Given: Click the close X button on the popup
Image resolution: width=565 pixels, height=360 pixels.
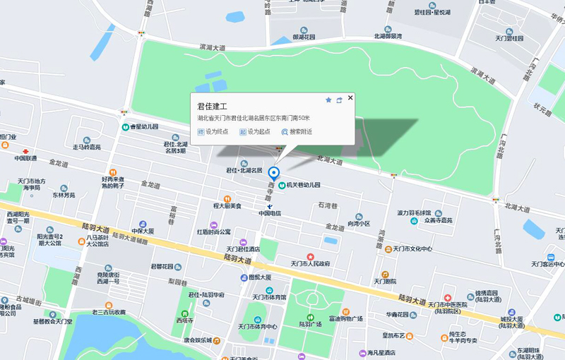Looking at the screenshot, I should (350, 98).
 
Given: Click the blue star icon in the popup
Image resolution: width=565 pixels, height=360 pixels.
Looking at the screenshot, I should (328, 100).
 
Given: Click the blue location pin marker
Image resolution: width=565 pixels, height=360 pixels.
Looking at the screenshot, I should (275, 173).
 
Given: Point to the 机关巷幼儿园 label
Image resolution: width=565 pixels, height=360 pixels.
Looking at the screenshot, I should (303, 185).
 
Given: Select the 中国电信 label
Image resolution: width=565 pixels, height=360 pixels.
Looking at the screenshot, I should (270, 212).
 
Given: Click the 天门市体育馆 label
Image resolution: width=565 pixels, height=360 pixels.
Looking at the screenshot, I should (267, 297).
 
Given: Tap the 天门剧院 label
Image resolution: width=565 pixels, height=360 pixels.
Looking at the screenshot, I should (385, 280).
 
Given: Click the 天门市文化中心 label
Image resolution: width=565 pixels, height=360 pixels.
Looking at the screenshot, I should (412, 248).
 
